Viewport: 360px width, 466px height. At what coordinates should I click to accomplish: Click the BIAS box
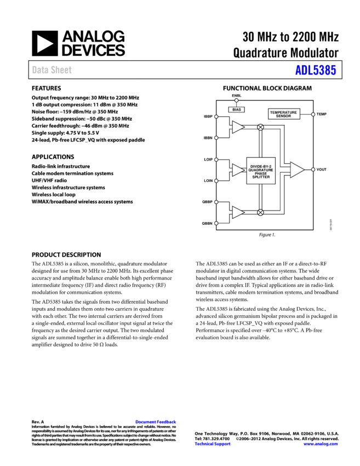[236, 110]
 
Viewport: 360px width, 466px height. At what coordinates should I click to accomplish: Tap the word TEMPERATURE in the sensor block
[283, 112]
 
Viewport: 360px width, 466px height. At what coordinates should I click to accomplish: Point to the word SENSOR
[283, 116]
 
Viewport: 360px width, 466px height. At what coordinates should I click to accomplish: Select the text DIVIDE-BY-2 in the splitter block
[261, 166]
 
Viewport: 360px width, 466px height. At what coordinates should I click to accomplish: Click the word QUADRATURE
[261, 170]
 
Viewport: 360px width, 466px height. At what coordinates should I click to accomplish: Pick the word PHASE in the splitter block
[261, 173]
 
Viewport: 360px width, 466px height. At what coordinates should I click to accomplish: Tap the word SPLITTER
[261, 177]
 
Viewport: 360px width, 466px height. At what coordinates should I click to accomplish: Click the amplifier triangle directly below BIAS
[237, 127]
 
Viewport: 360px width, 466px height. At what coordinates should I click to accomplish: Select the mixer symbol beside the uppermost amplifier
[260, 127]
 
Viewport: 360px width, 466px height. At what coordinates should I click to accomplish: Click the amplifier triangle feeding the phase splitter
[237, 170]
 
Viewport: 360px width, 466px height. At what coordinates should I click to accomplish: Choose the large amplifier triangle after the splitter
[296, 170]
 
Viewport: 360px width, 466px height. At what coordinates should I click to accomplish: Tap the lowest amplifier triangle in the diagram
[237, 212]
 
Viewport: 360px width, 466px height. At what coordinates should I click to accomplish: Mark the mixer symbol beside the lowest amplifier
[260, 212]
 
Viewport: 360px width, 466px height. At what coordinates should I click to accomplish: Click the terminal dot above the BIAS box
[236, 100]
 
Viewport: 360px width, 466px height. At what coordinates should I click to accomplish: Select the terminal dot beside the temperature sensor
[313, 115]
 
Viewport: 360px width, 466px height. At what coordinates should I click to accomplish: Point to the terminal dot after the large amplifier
[313, 169]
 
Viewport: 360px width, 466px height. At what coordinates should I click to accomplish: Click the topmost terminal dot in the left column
[216, 117]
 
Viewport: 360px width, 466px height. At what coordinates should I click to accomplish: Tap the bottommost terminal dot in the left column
[216, 223]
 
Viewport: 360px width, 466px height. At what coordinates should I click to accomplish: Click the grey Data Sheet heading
[52, 70]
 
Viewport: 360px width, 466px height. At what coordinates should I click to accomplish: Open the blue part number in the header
[315, 70]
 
